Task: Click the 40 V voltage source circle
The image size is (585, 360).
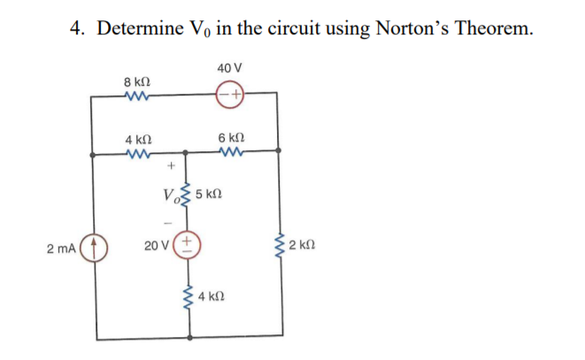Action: (229, 93)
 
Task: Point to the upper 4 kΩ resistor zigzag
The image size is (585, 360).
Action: (137, 152)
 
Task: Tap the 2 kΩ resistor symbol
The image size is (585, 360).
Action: (280, 246)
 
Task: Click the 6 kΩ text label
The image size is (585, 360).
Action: (230, 138)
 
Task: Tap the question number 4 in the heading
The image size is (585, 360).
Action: (77, 29)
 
